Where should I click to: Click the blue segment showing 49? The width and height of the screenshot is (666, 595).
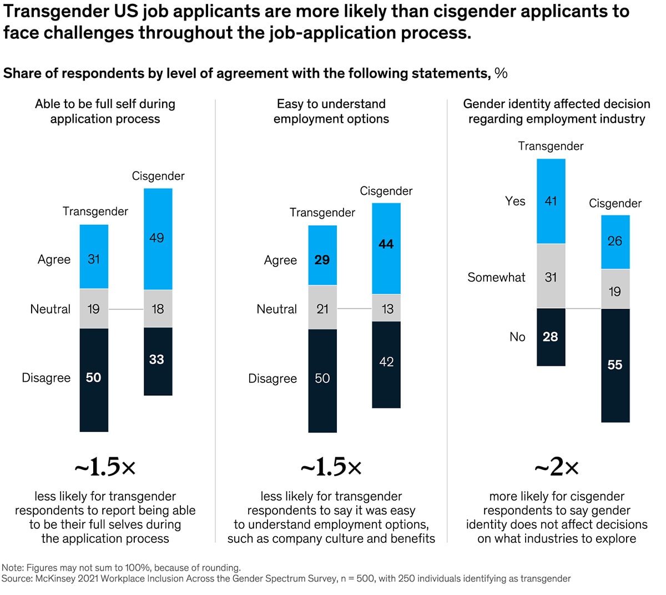pyautogui.click(x=158, y=239)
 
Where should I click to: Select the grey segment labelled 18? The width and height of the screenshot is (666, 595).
pyautogui.click(x=158, y=309)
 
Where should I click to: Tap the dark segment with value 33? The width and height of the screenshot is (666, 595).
pyautogui.click(x=158, y=361)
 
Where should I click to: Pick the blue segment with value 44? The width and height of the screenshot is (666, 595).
pyautogui.click(x=386, y=248)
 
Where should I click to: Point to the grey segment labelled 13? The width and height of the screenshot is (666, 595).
pyautogui.click(x=386, y=308)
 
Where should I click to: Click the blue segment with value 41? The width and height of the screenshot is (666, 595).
pyautogui.click(x=551, y=201)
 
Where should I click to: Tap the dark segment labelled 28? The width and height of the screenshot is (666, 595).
pyautogui.click(x=551, y=337)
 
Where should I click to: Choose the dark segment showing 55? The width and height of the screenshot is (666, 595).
pyautogui.click(x=615, y=365)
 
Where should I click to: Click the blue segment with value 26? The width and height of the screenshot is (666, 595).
pyautogui.click(x=615, y=242)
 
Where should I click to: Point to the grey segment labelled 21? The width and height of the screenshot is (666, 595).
pyautogui.click(x=322, y=308)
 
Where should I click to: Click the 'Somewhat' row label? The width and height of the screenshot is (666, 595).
pyautogui.click(x=496, y=278)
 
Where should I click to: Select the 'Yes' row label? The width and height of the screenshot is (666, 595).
pyautogui.click(x=515, y=201)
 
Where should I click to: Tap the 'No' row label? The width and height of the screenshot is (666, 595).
pyautogui.click(x=517, y=337)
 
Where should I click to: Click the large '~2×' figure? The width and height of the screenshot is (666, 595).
pyautogui.click(x=557, y=468)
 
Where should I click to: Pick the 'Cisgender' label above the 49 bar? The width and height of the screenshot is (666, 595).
pyautogui.click(x=158, y=176)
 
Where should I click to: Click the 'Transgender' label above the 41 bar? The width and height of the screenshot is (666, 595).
pyautogui.click(x=551, y=146)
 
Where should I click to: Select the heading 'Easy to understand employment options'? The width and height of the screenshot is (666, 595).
pyautogui.click(x=331, y=111)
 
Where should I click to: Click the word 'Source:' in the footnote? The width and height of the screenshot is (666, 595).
pyautogui.click(x=17, y=579)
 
